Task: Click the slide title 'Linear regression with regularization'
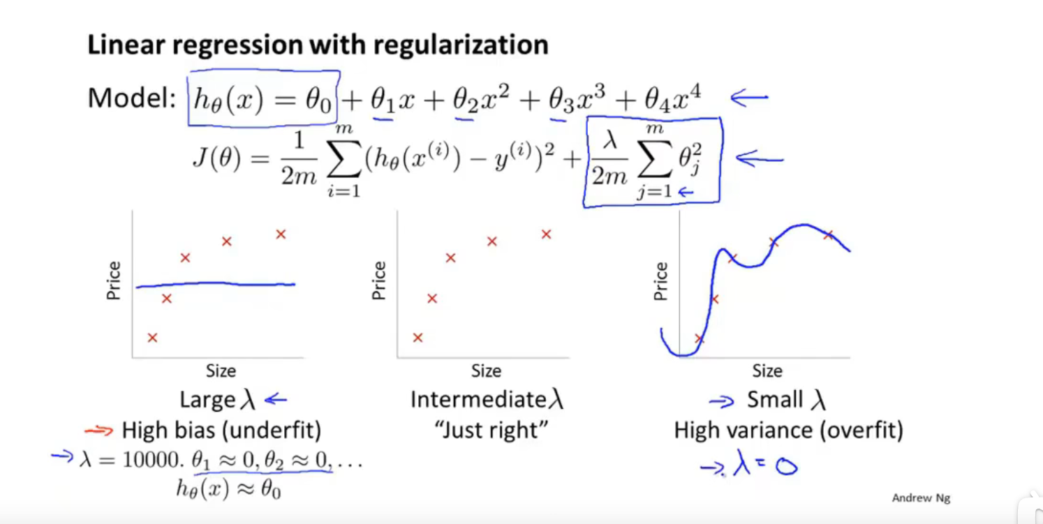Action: pyautogui.click(x=318, y=45)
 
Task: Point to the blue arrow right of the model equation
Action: pyautogui.click(x=749, y=98)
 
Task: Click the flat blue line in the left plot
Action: pyautogui.click(x=216, y=284)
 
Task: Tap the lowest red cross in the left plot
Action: pyautogui.click(x=152, y=338)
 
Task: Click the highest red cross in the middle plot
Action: pyautogui.click(x=546, y=234)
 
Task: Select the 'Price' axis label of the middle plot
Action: pyautogui.click(x=379, y=280)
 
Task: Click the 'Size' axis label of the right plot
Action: pyautogui.click(x=767, y=370)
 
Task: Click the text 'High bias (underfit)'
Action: pyautogui.click(x=221, y=431)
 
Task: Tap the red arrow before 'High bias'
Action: pyautogui.click(x=98, y=431)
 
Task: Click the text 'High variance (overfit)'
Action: pyautogui.click(x=788, y=431)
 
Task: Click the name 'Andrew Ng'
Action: pyautogui.click(x=921, y=498)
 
